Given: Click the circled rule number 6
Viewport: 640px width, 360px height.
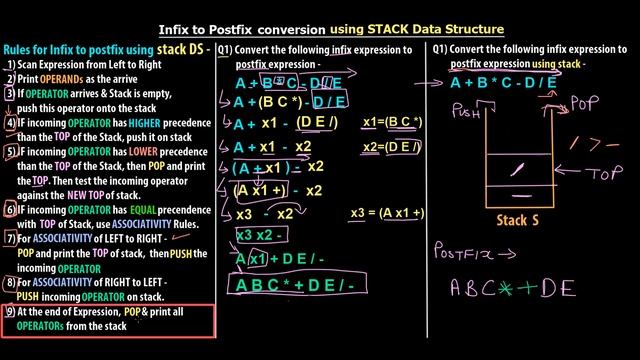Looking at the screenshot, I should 9,211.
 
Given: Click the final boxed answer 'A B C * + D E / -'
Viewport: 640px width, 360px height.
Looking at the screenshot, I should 295,284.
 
